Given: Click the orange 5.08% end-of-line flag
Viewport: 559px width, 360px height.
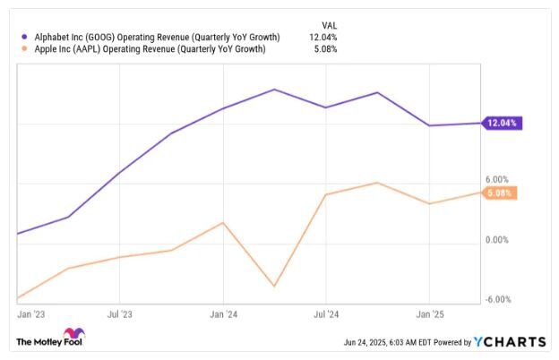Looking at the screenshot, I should [x=500, y=193].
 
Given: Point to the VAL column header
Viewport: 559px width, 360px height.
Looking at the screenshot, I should [x=329, y=24].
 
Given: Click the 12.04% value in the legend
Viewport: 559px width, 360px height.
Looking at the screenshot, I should [x=322, y=37].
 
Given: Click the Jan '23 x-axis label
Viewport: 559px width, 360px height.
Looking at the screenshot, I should [x=31, y=315].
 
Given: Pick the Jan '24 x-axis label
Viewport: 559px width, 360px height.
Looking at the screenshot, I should [x=223, y=315].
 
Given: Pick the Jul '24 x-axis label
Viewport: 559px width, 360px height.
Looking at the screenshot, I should [x=326, y=315].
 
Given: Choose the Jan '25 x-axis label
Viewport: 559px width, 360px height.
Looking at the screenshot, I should [x=430, y=315].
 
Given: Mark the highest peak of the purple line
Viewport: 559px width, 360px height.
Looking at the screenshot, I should [x=274, y=90].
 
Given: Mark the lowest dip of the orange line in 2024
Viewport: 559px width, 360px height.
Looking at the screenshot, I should [x=274, y=287].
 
